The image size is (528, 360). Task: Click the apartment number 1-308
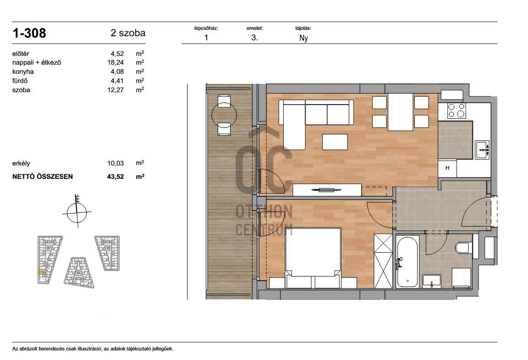29,33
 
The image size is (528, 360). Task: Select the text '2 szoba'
128,33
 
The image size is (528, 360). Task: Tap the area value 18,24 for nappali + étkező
115,62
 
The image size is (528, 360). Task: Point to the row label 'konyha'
23,72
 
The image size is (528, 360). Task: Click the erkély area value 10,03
115,163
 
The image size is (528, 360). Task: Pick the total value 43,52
115,176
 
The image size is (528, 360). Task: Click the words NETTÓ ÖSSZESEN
43,176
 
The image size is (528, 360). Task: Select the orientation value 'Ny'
304,38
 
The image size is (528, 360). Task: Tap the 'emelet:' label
254,28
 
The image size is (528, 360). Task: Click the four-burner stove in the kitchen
456,111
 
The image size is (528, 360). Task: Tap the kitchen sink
482,150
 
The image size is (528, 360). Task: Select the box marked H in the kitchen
447,168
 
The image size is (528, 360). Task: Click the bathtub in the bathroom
407,261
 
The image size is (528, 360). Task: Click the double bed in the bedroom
313,258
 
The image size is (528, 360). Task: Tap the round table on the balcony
224,115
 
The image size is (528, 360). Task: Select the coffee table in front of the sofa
335,142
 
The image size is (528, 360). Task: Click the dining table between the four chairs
401,112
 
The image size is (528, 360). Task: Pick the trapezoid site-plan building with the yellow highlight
49,260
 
